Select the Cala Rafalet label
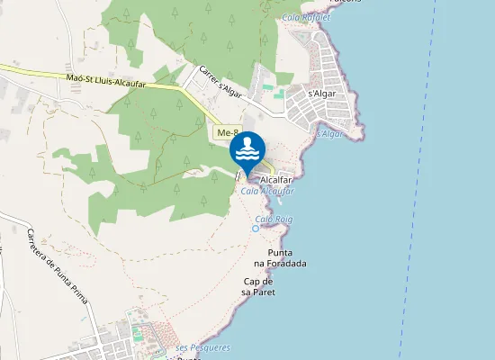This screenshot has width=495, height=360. [x=305, y=17]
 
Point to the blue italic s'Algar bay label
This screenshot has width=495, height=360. [x=329, y=134]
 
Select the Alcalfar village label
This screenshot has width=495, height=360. [x=276, y=180]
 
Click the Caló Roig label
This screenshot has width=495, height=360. [x=274, y=219]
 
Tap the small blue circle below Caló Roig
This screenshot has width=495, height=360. [x=256, y=229]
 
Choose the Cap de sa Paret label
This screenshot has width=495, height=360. [x=258, y=286]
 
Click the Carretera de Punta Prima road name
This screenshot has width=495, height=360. [x=57, y=266]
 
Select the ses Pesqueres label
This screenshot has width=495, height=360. [x=202, y=347]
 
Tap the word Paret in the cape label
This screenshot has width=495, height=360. [x=263, y=292]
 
